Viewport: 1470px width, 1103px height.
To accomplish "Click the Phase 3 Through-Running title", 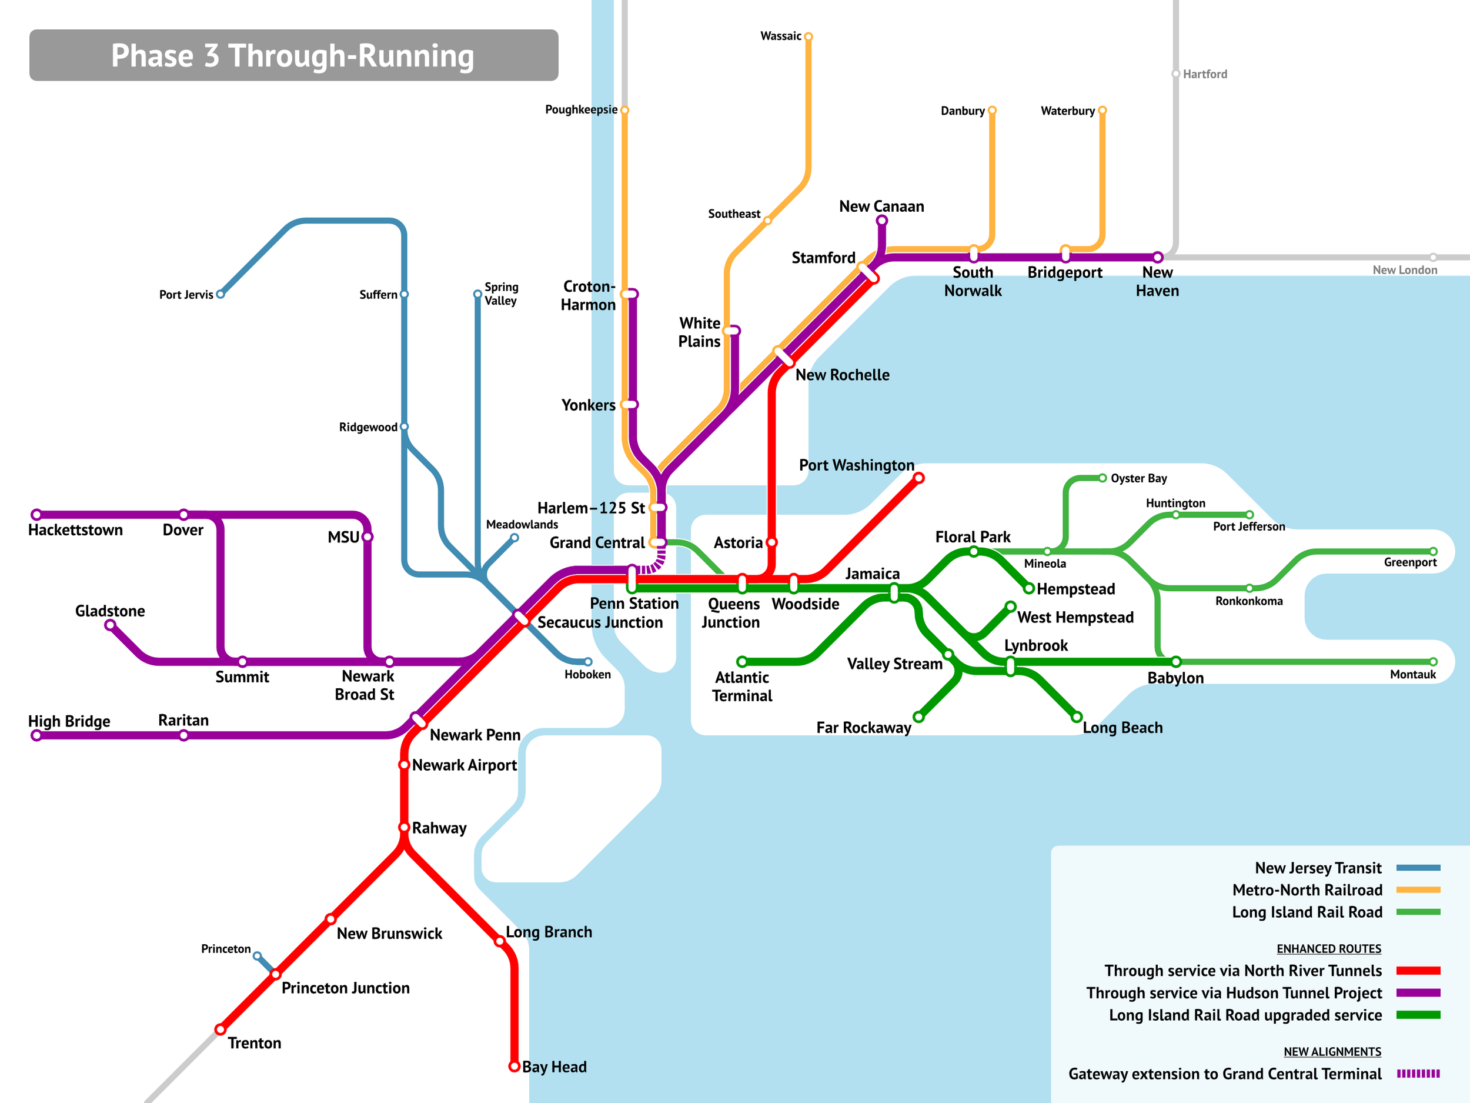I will point(292,55).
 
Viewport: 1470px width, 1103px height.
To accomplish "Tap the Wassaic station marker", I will point(808,36).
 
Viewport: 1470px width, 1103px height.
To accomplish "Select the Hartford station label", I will point(1204,74).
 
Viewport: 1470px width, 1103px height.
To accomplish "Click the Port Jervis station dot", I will point(220,294).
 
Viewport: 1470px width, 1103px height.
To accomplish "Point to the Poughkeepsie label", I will point(581,109).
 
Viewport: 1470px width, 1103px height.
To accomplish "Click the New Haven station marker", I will point(1158,257).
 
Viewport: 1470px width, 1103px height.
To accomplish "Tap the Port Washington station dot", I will point(918,477).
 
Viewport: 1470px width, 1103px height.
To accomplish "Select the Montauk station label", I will point(1413,674).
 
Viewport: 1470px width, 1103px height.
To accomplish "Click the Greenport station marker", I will point(1433,551).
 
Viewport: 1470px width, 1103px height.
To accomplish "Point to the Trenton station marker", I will point(220,1029).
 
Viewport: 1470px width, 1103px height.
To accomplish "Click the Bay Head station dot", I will point(514,1067).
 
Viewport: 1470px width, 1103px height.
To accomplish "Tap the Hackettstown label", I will point(75,530).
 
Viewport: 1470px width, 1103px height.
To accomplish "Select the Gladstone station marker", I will point(111,625).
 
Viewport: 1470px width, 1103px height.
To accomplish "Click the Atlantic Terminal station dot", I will point(741,662).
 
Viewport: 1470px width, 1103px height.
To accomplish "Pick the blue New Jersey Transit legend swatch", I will point(1418,868).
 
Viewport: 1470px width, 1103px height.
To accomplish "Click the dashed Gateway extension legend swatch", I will point(1418,1073).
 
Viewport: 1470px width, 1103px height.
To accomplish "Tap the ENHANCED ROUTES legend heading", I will point(1328,949).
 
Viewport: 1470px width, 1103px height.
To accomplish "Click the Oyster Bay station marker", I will point(1102,478).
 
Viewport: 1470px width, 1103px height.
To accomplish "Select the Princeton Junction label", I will point(345,988).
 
